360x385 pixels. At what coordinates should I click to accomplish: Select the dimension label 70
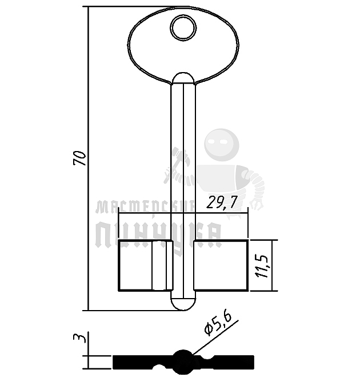tap(81, 158)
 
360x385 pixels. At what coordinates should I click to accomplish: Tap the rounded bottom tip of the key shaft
tap(183, 303)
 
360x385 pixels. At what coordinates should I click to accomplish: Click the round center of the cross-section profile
tap(183, 362)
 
